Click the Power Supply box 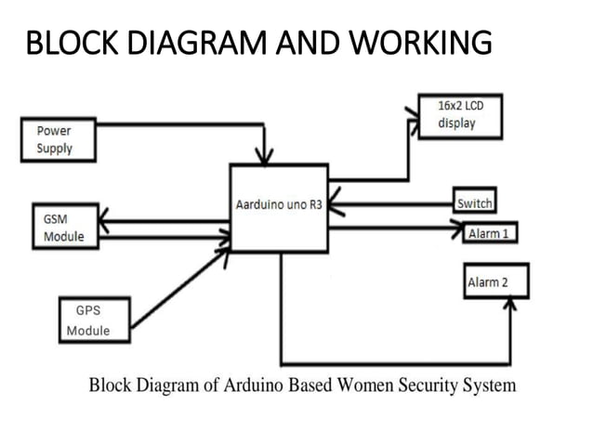[59, 139]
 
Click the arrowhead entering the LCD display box [412, 112]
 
